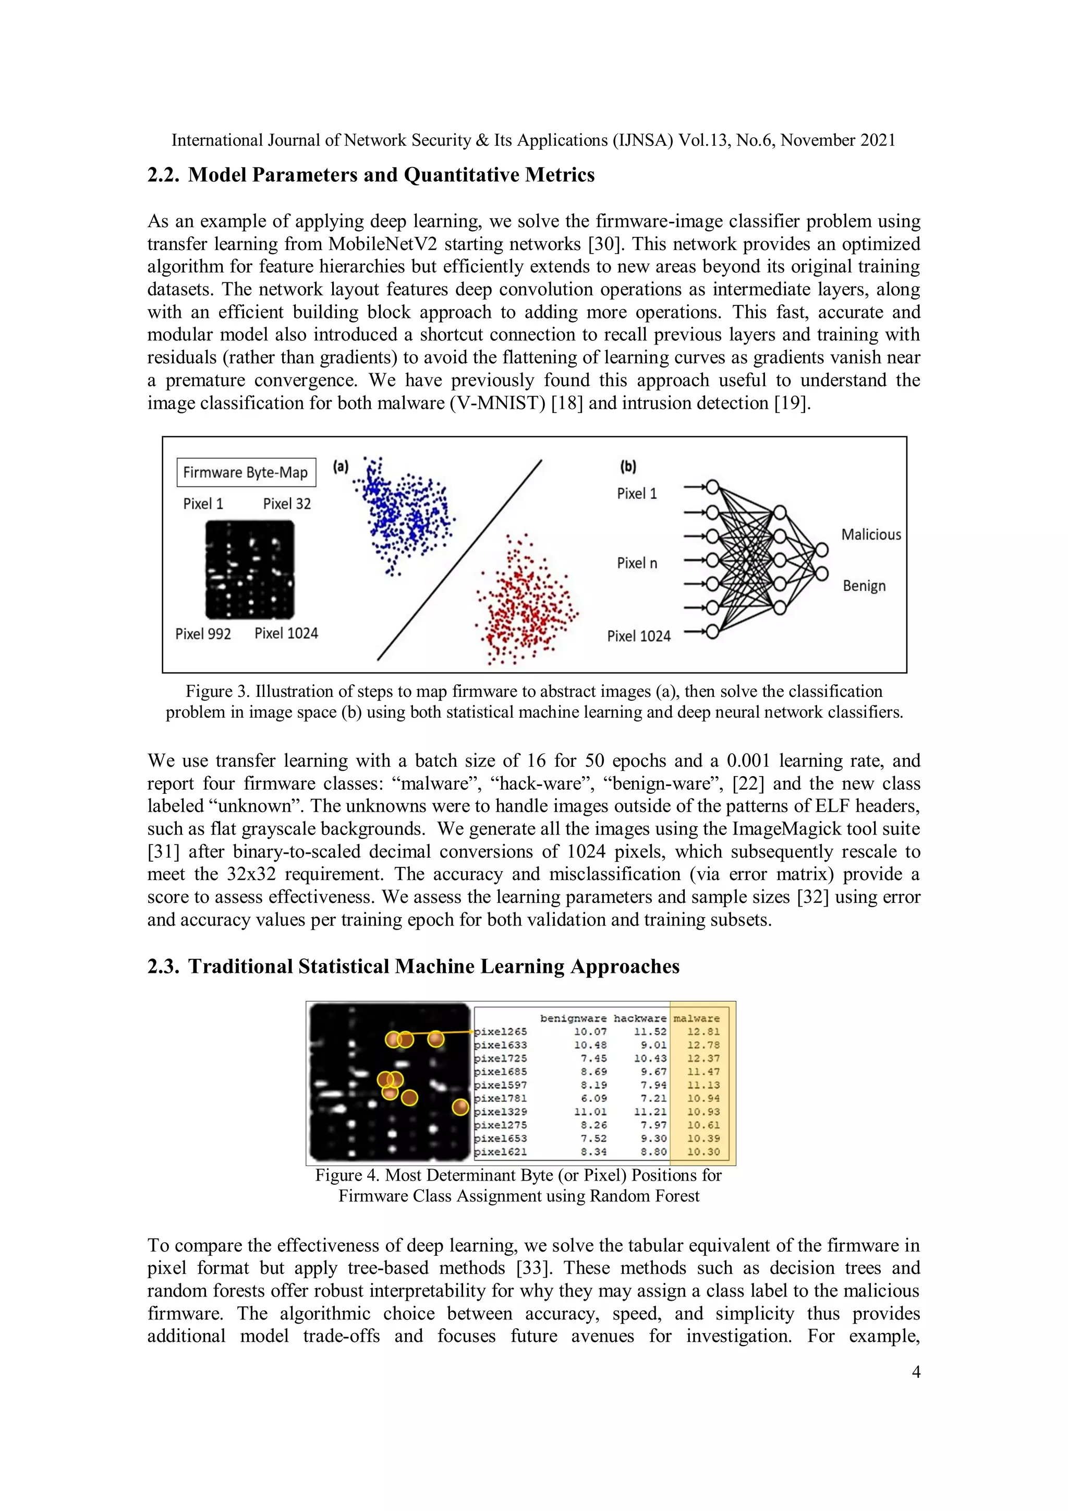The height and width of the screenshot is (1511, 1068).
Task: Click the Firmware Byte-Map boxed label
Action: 245,472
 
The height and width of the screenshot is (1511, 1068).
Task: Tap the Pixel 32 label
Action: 287,504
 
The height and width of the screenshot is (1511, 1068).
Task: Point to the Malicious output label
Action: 871,534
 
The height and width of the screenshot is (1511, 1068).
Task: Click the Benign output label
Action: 864,586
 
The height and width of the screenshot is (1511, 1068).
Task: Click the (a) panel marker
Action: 340,467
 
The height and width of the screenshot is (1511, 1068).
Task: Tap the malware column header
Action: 696,1018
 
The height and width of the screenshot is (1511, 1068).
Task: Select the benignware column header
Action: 573,1018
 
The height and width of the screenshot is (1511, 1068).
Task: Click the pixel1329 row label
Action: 501,1112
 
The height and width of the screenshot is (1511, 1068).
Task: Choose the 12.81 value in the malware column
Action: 703,1032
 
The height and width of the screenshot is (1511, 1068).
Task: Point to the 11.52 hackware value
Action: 650,1032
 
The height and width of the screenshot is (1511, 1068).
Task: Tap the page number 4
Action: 915,1372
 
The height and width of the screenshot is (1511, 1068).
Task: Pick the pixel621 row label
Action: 501,1152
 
